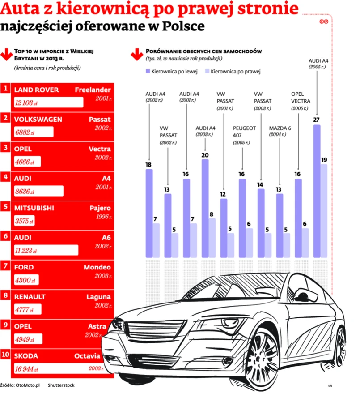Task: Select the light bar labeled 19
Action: [x=324, y=211]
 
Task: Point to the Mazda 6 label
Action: [x=280, y=128]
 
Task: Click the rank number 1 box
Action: [x=6, y=89]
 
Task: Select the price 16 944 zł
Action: [x=27, y=370]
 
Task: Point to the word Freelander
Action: [x=93, y=90]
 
